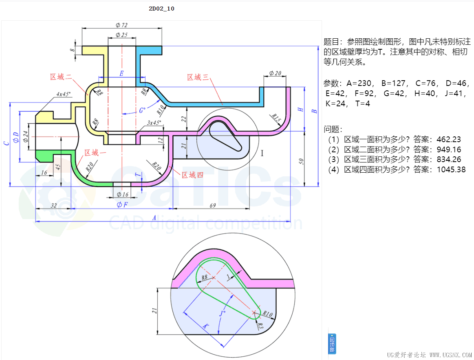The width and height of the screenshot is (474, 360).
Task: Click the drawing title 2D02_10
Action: tap(161, 9)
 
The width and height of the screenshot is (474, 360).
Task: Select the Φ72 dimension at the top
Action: tap(121, 25)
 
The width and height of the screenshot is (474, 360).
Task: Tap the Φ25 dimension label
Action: tap(121, 35)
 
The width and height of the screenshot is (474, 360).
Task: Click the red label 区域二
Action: tap(61, 77)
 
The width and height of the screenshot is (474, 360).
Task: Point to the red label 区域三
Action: tap(198, 77)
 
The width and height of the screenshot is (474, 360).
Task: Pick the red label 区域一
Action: tap(95, 153)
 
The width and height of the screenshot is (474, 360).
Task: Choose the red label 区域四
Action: tap(192, 175)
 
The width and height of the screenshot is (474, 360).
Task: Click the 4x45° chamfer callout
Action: tap(64, 94)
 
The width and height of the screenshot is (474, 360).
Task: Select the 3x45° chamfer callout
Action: tap(154, 122)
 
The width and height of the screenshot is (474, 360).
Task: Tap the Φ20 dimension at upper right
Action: tap(275, 73)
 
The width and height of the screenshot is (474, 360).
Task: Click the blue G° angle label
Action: tap(142, 110)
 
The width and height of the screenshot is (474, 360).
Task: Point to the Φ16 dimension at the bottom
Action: tap(122, 195)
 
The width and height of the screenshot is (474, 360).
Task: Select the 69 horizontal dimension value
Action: tap(212, 205)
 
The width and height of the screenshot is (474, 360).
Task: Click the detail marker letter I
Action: tap(262, 153)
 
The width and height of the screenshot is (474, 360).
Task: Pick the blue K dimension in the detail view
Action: tap(206, 326)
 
